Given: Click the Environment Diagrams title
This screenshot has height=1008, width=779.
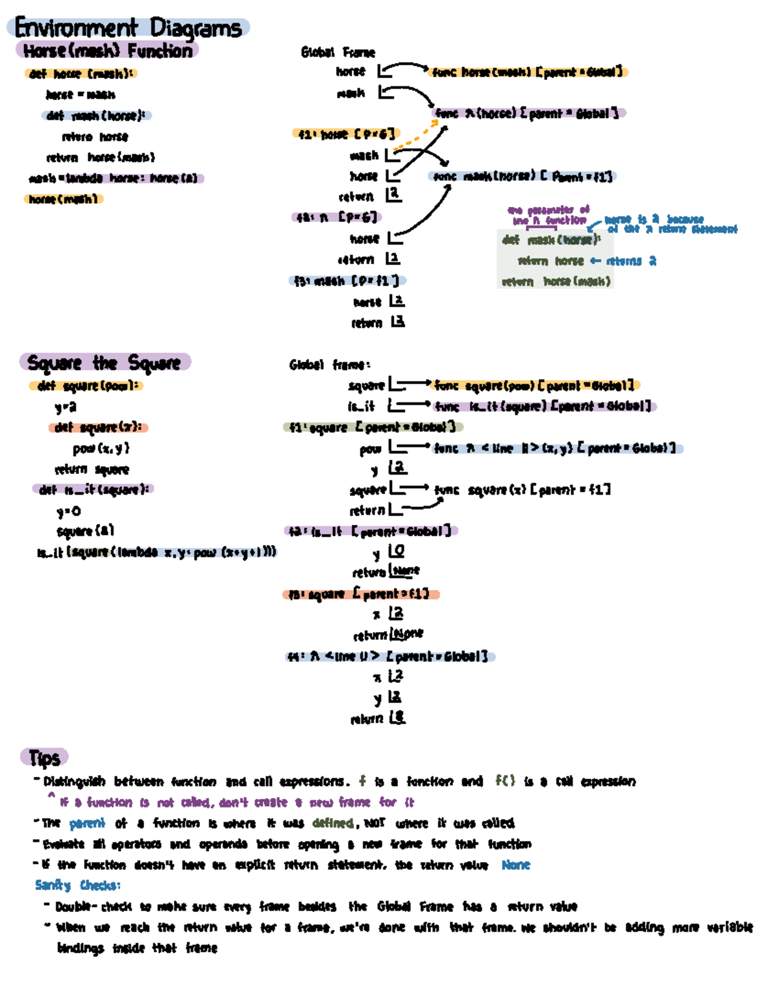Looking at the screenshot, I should coord(129,28).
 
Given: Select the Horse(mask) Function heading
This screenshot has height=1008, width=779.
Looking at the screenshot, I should coord(107,51).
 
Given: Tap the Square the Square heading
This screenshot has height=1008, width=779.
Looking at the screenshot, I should coord(105,362).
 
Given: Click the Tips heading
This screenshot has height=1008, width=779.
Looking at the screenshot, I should coord(44,757).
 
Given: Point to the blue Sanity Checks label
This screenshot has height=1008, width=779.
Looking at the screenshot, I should coord(77,885).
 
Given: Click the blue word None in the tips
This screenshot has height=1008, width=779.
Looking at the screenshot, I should coord(515,865).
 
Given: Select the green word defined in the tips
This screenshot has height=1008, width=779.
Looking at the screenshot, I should coord(332,823).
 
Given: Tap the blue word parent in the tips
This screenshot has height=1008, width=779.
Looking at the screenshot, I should coord(87,823).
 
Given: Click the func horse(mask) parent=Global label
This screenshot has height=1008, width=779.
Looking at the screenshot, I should coord(528,71).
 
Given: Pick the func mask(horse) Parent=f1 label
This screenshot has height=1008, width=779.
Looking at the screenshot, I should coord(523,176).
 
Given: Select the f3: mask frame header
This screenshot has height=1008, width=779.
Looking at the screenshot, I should coord(347,281).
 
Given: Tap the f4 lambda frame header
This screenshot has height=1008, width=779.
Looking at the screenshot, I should coord(389,656).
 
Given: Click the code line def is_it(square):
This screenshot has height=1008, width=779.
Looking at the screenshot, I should coord(93,489).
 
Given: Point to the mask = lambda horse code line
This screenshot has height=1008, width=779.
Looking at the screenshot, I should coord(115,178).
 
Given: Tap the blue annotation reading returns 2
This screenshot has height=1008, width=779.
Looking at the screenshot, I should coord(631,261).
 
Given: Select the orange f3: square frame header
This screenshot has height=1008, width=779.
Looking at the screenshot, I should coord(361,594).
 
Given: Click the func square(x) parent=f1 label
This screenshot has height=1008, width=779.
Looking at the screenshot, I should coord(523,489).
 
